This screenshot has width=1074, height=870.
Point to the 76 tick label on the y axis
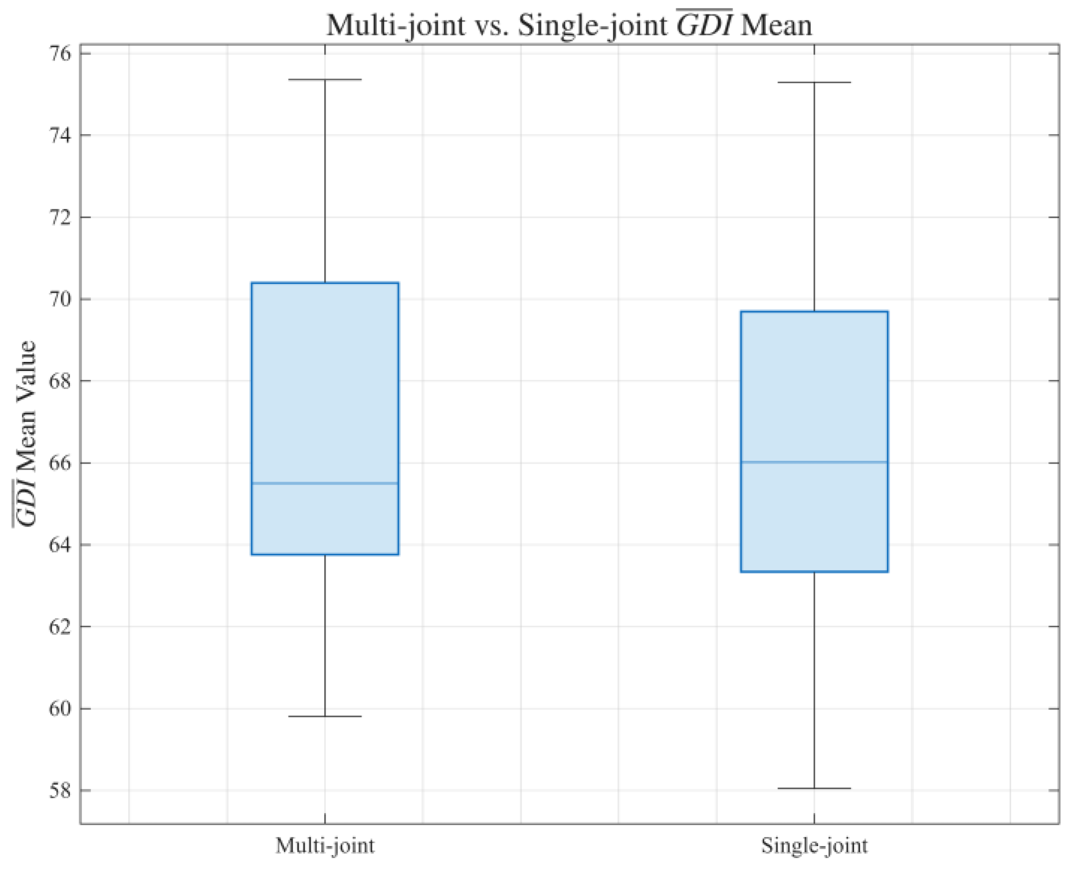pyautogui.click(x=59, y=53)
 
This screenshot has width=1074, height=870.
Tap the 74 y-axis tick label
pyautogui.click(x=59, y=135)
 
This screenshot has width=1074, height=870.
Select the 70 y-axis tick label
pyautogui.click(x=59, y=299)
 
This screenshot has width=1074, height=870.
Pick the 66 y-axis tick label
pyautogui.click(x=59, y=463)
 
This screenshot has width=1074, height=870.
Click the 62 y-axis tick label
pyautogui.click(x=59, y=626)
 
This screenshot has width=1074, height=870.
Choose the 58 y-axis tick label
pyautogui.click(x=59, y=790)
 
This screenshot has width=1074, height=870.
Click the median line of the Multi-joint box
pyautogui.click(x=325, y=484)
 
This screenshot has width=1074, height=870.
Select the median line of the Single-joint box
pyautogui.click(x=814, y=462)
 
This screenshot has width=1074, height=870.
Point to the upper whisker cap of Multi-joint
pyautogui.click(x=325, y=80)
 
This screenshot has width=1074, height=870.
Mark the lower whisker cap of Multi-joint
pyautogui.click(x=325, y=716)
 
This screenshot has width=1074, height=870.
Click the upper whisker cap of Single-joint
pyautogui.click(x=814, y=82)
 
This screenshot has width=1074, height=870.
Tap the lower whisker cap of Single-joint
pyautogui.click(x=814, y=788)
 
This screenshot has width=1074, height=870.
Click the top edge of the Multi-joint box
pyautogui.click(x=325, y=283)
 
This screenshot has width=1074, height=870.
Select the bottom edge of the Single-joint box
pyautogui.click(x=814, y=571)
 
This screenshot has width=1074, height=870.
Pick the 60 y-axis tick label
pyautogui.click(x=59, y=708)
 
